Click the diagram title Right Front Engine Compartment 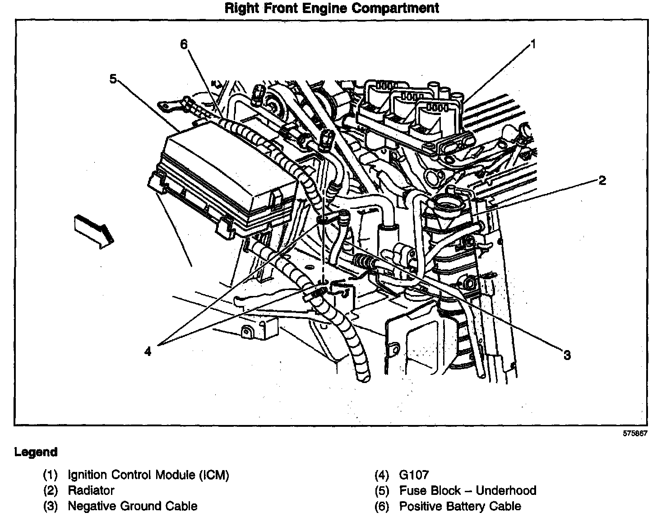coord(331,8)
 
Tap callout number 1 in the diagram coord(532,44)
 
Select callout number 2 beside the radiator coord(602,181)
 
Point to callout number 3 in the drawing coord(567,355)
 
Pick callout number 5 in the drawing coord(113,79)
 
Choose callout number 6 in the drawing coord(183,44)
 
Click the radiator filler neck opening coord(448,207)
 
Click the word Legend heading coord(36,452)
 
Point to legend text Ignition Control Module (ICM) coord(148,475)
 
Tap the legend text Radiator coord(91,490)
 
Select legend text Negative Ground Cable coord(133,506)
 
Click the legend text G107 coord(414,475)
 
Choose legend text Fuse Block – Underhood coord(467,490)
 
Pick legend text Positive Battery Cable coord(460,506)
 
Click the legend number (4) coord(382,475)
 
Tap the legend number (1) coord(50,475)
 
